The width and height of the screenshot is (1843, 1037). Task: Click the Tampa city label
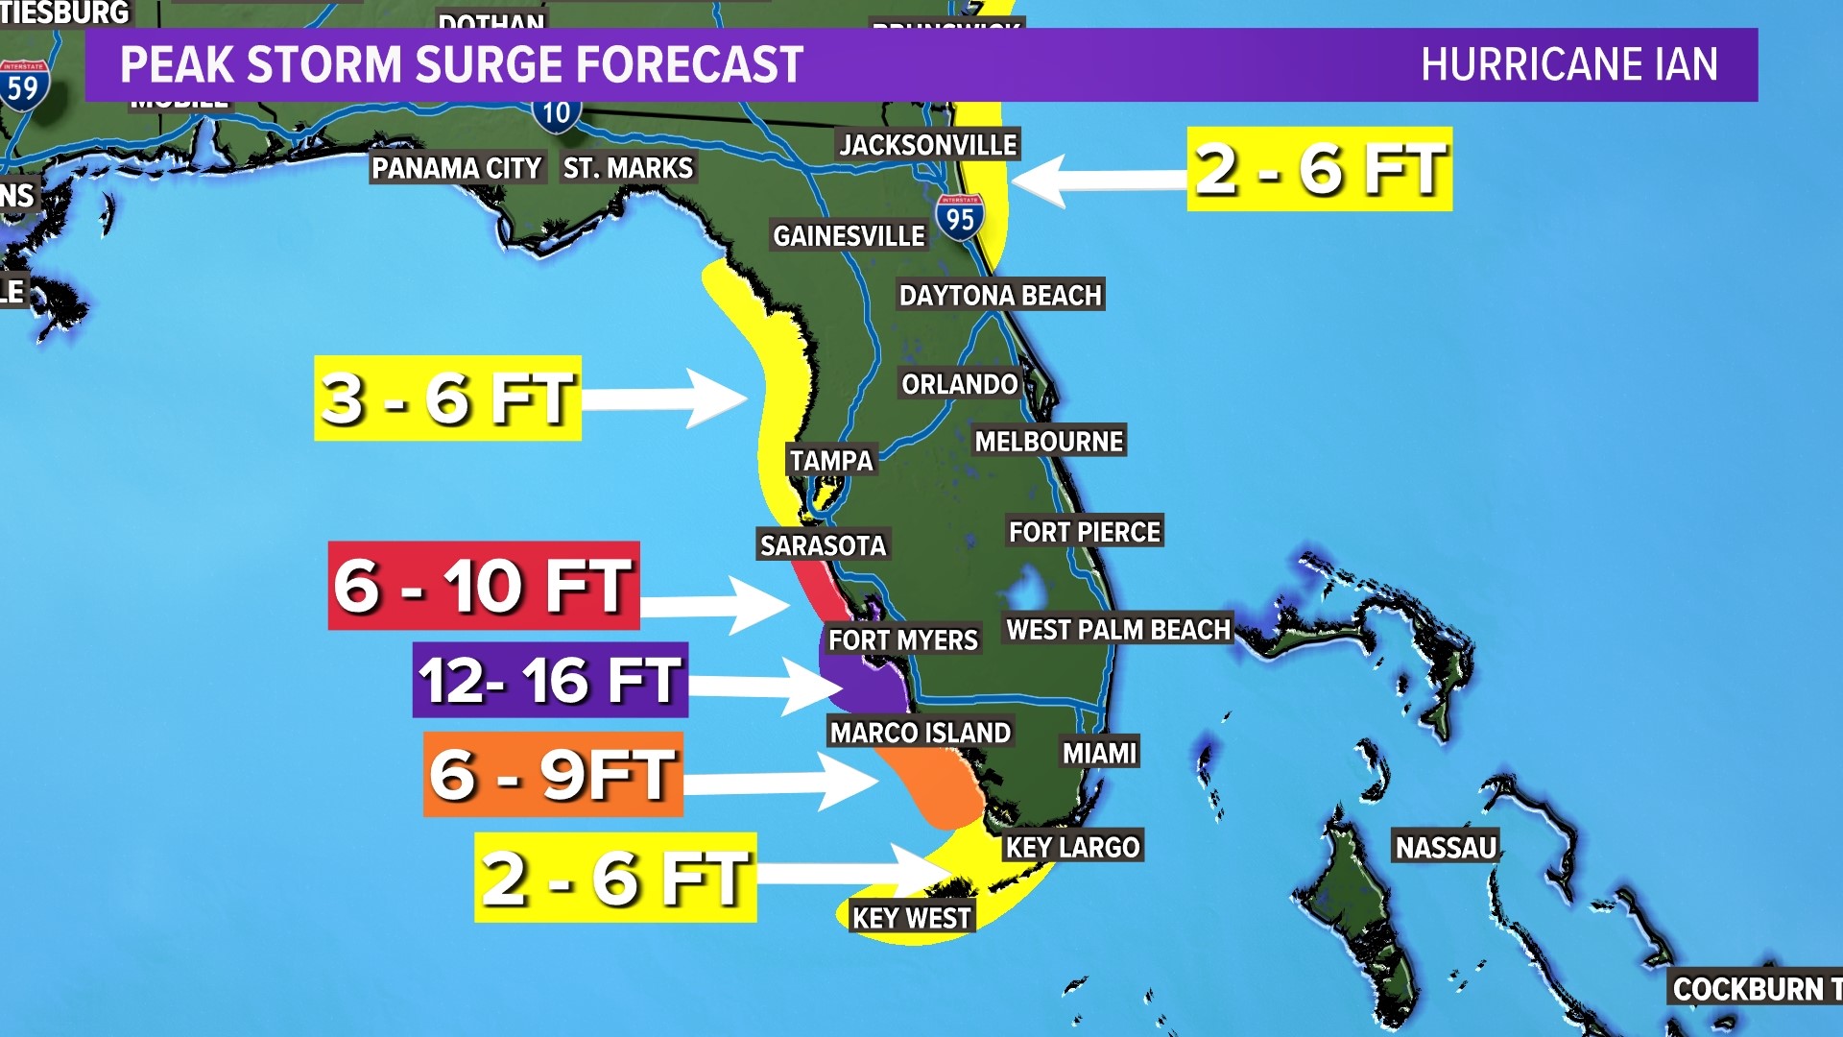pyautogui.click(x=831, y=461)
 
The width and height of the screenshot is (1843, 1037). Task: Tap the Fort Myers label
pyautogui.click(x=902, y=640)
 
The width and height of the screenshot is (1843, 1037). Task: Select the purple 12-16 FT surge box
pyautogui.click(x=550, y=680)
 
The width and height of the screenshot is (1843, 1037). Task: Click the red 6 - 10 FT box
pyautogui.click(x=484, y=586)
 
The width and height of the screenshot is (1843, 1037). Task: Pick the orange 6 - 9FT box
pyautogui.click(x=553, y=774)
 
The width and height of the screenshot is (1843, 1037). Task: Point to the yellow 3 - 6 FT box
pyautogui.click(x=447, y=398)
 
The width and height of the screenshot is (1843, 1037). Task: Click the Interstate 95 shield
pyautogui.click(x=959, y=217)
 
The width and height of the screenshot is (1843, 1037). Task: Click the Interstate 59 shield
pyautogui.click(x=23, y=86)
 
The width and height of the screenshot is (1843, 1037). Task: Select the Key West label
pyautogui.click(x=911, y=918)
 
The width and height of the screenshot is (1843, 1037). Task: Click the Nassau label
pyautogui.click(x=1445, y=848)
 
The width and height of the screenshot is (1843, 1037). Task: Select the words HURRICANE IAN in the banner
pyautogui.click(x=1568, y=65)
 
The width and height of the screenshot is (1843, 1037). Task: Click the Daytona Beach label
pyautogui.click(x=999, y=295)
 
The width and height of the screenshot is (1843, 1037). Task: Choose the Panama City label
pyautogui.click(x=456, y=169)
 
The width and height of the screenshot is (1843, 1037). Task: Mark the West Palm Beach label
pyautogui.click(x=1117, y=630)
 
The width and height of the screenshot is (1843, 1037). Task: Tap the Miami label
pyautogui.click(x=1099, y=753)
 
